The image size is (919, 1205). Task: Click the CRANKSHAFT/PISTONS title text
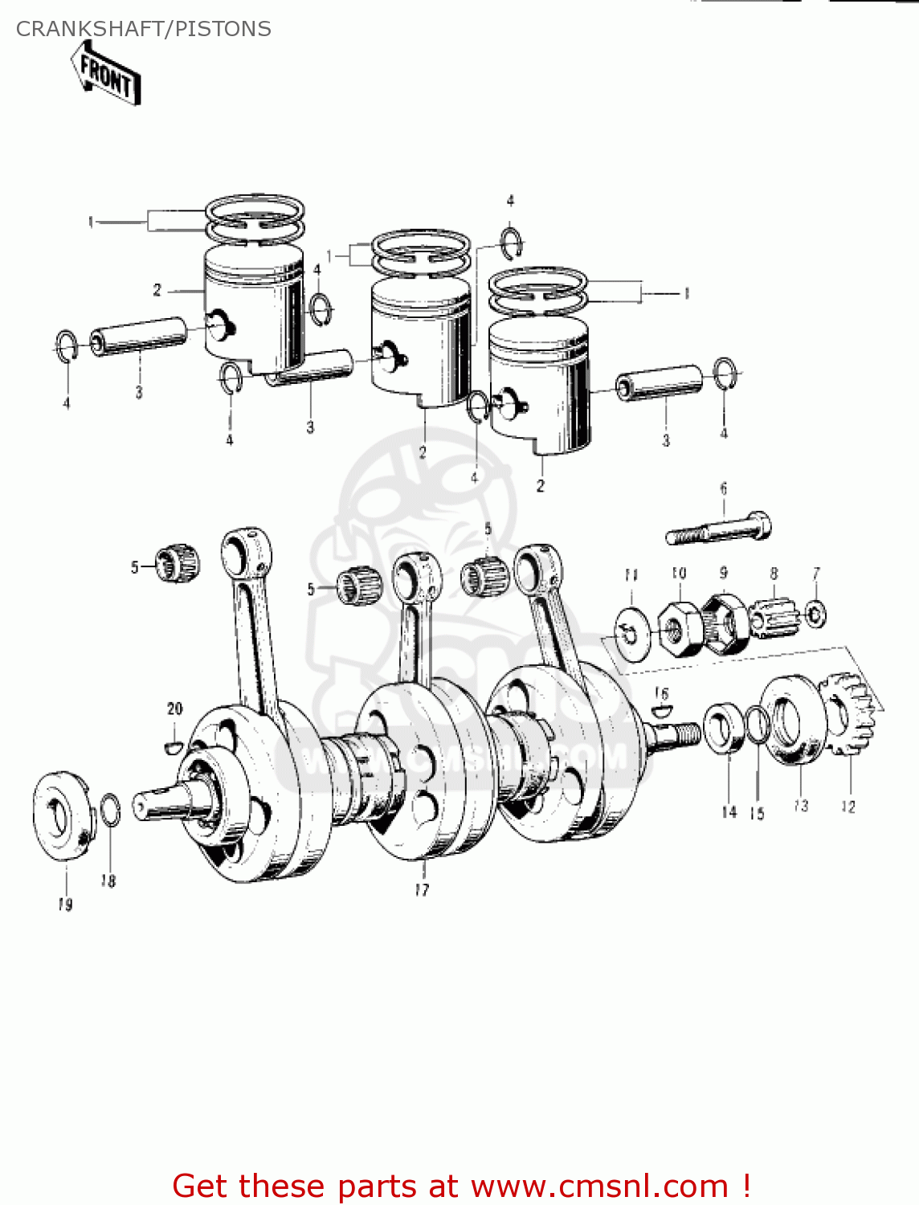[x=144, y=29]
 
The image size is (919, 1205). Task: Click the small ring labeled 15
[x=757, y=726]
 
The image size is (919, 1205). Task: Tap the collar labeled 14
[x=725, y=728]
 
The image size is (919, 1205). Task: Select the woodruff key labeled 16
[x=661, y=709]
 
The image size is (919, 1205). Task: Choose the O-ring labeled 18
[x=110, y=809]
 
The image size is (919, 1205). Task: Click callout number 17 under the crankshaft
[x=422, y=889]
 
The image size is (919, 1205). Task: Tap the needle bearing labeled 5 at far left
[x=178, y=563]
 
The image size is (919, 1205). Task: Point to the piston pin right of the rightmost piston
[x=660, y=382]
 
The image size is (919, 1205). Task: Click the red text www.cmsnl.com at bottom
[x=599, y=1186]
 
